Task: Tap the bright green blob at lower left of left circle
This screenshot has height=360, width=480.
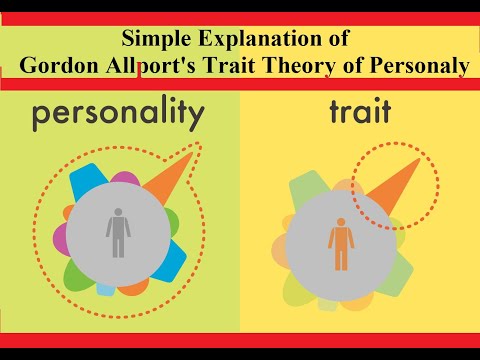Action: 78,271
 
